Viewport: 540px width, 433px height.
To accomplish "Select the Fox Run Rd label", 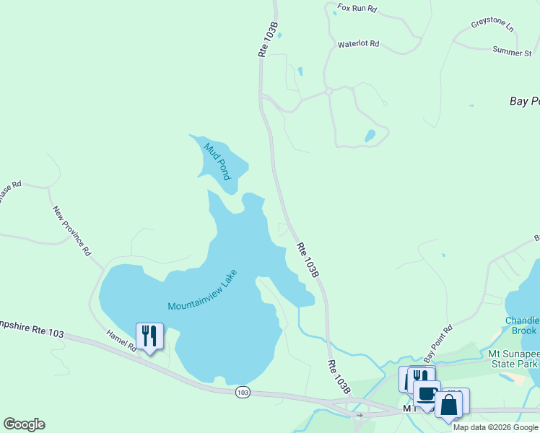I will pyautogui.click(x=357, y=9).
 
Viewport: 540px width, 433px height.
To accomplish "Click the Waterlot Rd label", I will pyautogui.click(x=358, y=44).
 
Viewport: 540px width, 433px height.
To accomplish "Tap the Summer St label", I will pyautogui.click(x=512, y=51).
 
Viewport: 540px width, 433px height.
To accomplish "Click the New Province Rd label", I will pyautogui.click(x=72, y=231).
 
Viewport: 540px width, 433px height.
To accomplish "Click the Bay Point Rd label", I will pyautogui.click(x=438, y=344).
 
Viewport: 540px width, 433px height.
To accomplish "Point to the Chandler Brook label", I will pyautogui.click(x=523, y=325).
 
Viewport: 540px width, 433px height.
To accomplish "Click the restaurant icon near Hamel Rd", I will pyautogui.click(x=149, y=336).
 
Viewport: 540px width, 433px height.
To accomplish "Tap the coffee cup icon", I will pyautogui.click(x=426, y=394).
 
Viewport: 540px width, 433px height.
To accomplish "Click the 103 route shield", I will pyautogui.click(x=243, y=391).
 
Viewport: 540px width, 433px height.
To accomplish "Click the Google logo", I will pyautogui.click(x=24, y=424).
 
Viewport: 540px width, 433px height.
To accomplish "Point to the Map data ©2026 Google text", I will pyautogui.click(x=495, y=427).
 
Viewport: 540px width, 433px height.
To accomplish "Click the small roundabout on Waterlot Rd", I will pyautogui.click(x=328, y=92).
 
